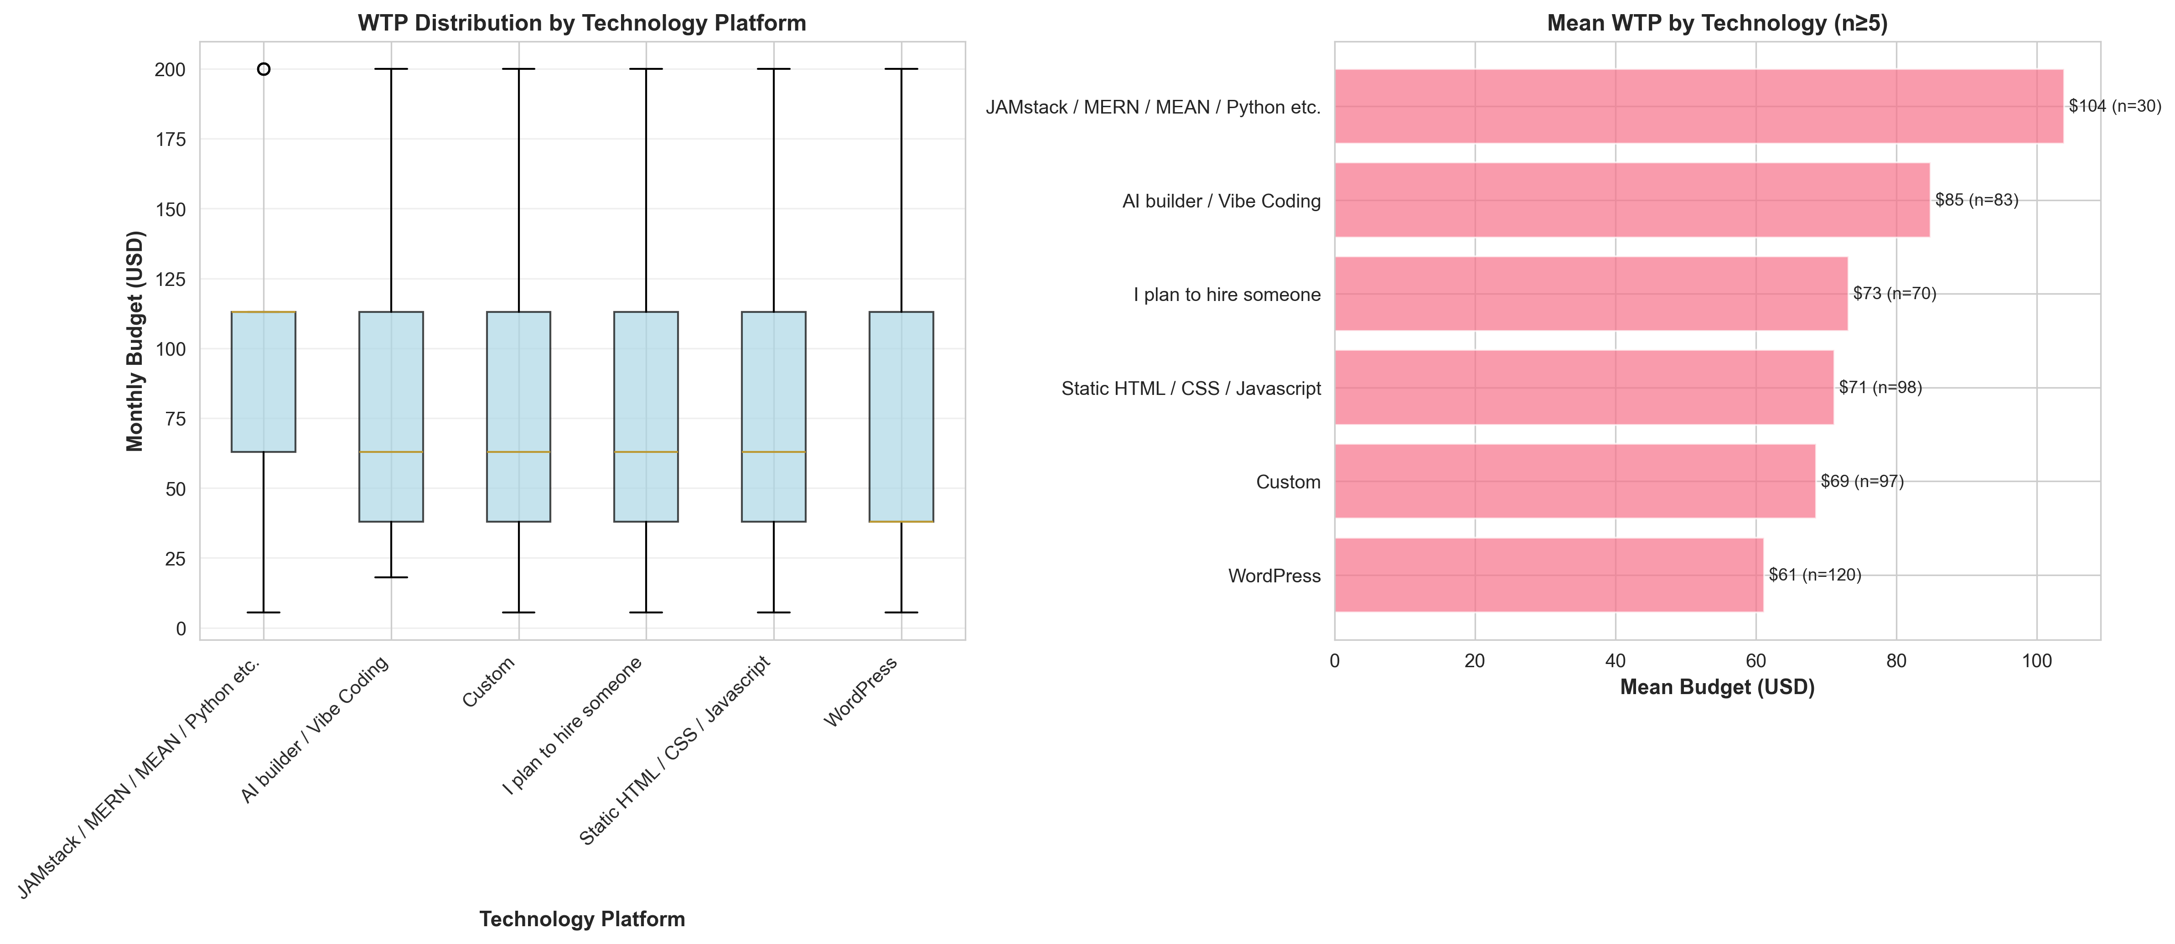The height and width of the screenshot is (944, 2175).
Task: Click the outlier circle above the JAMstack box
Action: pyautogui.click(x=264, y=69)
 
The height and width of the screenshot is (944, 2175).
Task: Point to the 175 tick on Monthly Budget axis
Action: pyautogui.click(x=170, y=140)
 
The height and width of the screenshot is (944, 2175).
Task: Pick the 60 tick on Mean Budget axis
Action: pyautogui.click(x=1756, y=661)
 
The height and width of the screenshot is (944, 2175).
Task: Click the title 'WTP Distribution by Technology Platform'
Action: pyautogui.click(x=582, y=23)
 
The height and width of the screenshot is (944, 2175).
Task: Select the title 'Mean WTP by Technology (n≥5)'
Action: pyautogui.click(x=1717, y=23)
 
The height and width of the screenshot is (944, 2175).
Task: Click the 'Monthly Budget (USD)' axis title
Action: pyautogui.click(x=135, y=341)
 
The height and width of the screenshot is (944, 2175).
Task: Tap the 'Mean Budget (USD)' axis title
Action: pyautogui.click(x=1717, y=687)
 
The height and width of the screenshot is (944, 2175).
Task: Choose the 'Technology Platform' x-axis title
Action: pyautogui.click(x=582, y=918)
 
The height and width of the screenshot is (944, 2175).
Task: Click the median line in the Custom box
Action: pyautogui.click(x=518, y=452)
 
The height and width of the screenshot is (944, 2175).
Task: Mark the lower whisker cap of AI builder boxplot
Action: pyautogui.click(x=391, y=577)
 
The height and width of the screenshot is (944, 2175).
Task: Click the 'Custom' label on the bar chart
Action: pyautogui.click(x=1288, y=482)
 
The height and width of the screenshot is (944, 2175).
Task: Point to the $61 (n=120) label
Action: pyautogui.click(x=1814, y=575)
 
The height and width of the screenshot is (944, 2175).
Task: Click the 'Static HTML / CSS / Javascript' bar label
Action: pyautogui.click(x=1191, y=389)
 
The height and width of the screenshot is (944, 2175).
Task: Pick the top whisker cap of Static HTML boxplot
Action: pyautogui.click(x=773, y=69)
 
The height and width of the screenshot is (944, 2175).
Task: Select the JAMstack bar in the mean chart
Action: pyautogui.click(x=1698, y=106)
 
